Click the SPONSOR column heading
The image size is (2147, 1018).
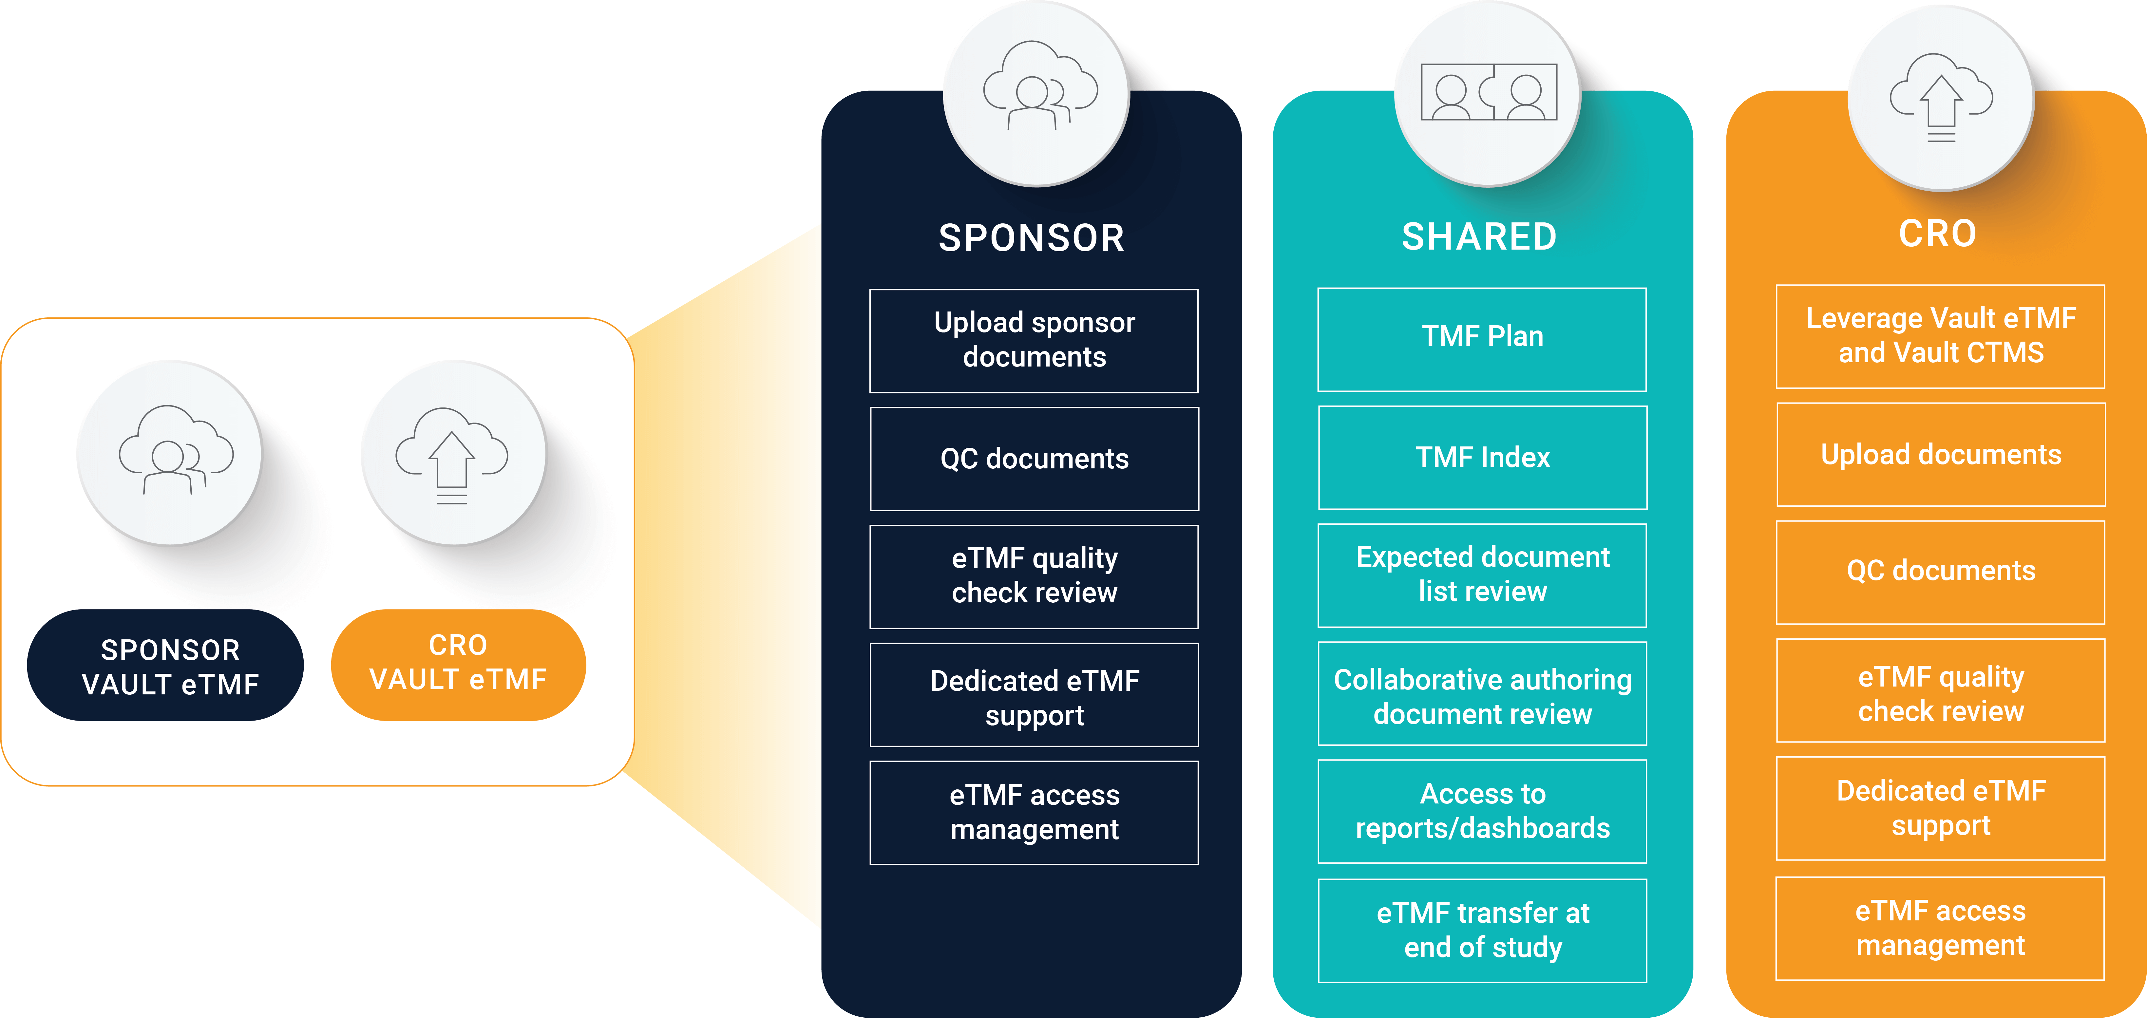point(1032,238)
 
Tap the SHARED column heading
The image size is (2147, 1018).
point(1479,236)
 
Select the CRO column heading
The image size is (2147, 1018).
point(1938,233)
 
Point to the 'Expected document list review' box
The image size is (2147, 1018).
point(1482,575)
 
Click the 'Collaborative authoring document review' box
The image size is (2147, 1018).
point(1482,694)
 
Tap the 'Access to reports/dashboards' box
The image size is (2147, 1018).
point(1482,811)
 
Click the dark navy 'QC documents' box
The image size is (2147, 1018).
point(1034,459)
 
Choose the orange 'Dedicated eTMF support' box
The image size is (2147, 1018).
point(1940,808)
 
